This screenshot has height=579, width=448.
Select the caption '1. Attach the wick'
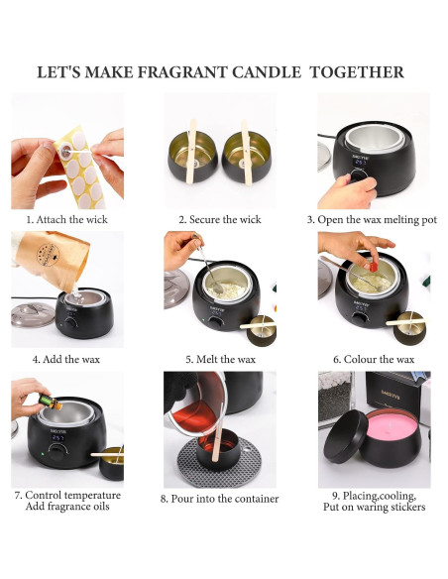click(x=67, y=219)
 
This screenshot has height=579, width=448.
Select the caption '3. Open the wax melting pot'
click(x=372, y=219)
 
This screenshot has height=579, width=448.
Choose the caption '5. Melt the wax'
click(x=219, y=359)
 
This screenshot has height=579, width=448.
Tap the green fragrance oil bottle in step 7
click(x=47, y=405)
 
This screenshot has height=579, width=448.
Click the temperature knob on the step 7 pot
click(x=58, y=449)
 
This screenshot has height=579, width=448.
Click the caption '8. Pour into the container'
click(x=219, y=499)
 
